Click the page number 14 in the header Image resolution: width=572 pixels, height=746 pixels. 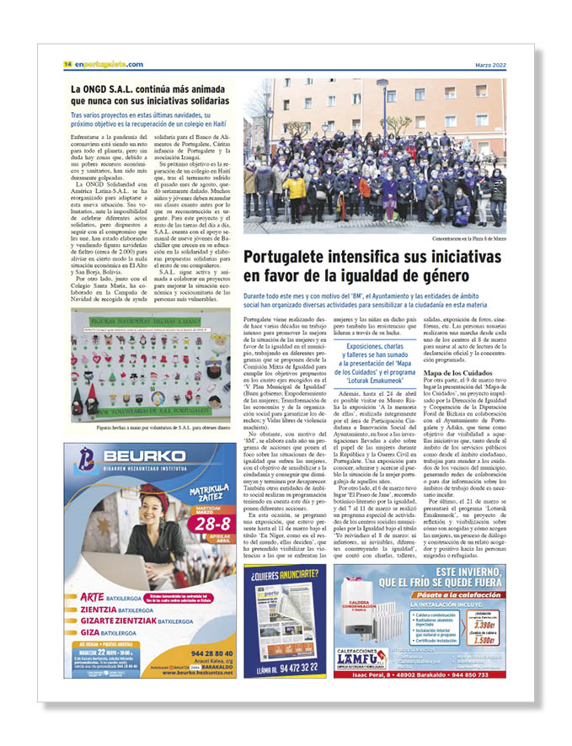[67, 64]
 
